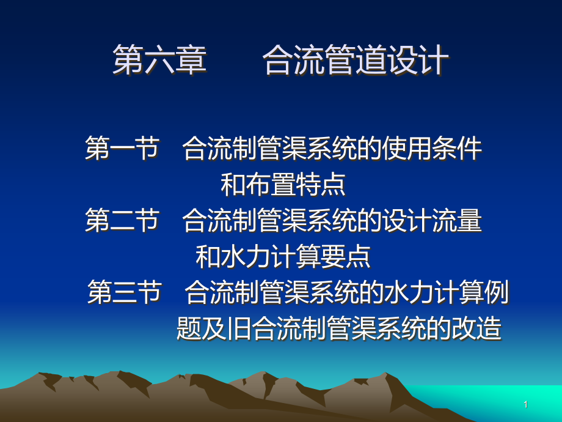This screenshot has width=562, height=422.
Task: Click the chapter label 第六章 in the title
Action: [160, 61]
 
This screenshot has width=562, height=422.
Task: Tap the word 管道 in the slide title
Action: [355, 61]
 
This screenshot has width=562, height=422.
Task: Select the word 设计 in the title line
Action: [418, 61]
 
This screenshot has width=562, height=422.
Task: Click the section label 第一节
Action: [122, 149]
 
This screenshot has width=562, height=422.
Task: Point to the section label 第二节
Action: [122, 221]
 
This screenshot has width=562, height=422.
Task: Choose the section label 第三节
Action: [125, 292]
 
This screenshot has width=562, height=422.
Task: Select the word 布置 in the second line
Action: [271, 185]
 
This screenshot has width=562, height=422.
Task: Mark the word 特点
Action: [321, 185]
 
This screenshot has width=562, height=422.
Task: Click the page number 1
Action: [525, 404]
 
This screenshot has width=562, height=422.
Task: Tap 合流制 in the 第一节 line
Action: [220, 149]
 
